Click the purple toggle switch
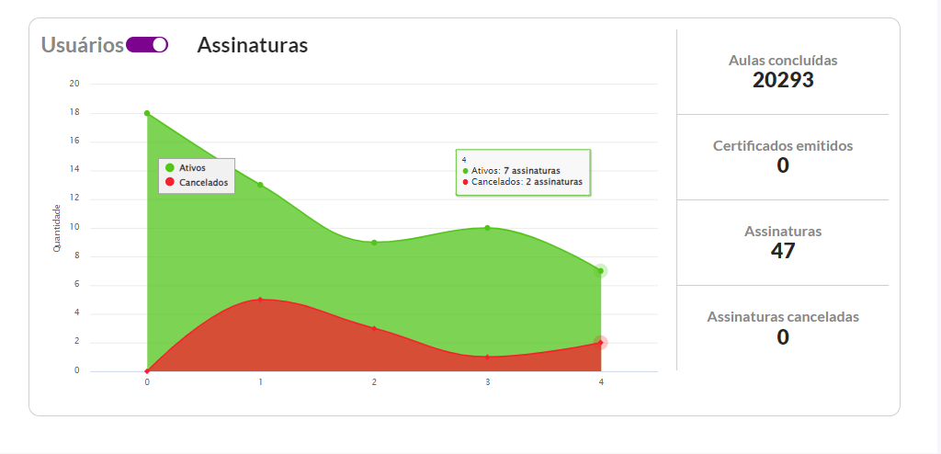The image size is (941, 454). (147, 45)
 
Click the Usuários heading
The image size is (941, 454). (82, 45)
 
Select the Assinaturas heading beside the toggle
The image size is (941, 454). (253, 45)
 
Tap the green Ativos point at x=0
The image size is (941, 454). (147, 113)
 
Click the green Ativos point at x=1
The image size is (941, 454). (260, 185)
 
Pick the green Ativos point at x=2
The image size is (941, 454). (374, 243)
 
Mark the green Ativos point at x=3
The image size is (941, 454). (487, 228)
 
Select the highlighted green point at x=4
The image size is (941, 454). (601, 271)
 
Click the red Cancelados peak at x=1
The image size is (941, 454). (260, 299)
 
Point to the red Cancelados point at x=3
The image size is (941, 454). (487, 357)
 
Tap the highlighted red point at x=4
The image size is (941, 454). (601, 342)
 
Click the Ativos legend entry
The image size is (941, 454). (186, 168)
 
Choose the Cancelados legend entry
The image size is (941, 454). (197, 183)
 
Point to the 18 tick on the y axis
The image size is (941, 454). (75, 112)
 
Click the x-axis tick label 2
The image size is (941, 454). (374, 382)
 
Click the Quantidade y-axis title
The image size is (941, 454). (57, 228)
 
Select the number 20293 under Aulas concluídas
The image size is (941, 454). (783, 80)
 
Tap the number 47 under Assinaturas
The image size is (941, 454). (783, 251)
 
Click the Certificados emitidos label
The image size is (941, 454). (783, 145)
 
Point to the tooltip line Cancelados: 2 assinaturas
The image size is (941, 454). (522, 181)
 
